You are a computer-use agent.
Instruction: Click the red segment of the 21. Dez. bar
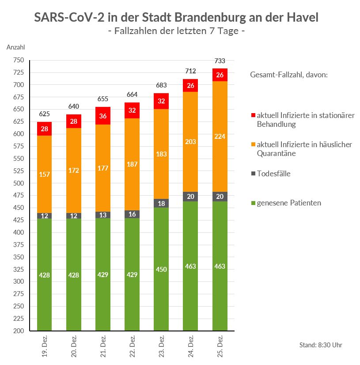point(103,116)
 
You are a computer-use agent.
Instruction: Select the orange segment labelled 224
point(220,137)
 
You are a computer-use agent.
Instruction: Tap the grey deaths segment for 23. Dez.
point(161,203)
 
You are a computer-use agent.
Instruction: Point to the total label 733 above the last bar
point(220,61)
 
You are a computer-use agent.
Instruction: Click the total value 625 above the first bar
point(44,114)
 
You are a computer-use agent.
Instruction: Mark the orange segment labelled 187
point(132,164)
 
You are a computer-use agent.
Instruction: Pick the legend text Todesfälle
point(273,174)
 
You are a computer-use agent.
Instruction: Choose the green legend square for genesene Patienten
point(253,203)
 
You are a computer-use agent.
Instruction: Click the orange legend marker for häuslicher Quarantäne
point(253,145)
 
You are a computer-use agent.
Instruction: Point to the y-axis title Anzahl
point(15,47)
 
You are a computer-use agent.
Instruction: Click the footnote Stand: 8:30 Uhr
point(321,345)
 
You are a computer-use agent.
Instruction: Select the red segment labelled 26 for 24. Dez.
point(191,85)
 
